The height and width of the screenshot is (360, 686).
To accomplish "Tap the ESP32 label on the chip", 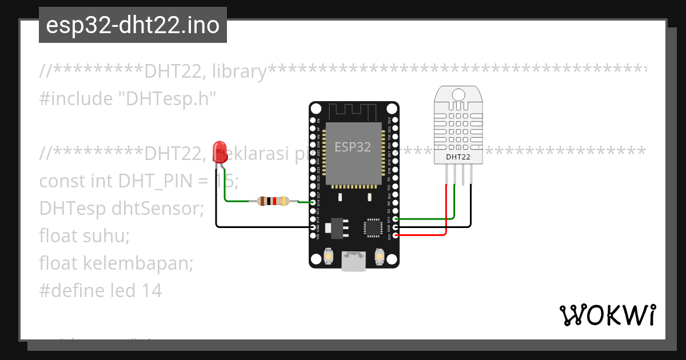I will (353, 147).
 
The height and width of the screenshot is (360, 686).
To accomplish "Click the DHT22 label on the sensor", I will (458, 156).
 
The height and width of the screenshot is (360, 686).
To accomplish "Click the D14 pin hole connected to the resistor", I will (313, 203).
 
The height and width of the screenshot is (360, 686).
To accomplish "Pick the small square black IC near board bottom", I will (372, 227).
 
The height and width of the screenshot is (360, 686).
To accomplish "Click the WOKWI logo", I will (607, 315).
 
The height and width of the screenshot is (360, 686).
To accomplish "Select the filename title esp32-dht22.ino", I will (133, 25).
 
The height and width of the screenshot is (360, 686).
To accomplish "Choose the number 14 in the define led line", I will (151, 291).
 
